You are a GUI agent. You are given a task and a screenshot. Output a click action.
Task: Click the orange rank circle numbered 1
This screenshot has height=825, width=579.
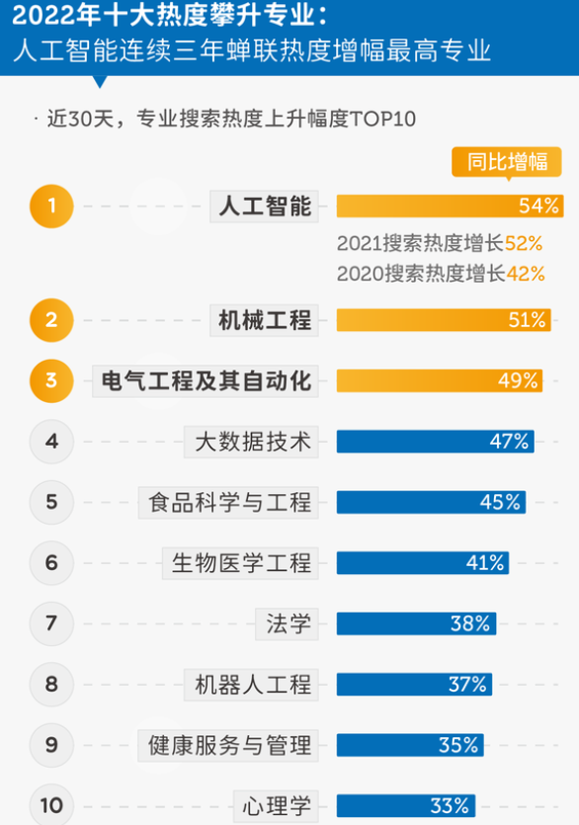pyautogui.click(x=52, y=206)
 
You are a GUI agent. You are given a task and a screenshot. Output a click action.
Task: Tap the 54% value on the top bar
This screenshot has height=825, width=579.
pyautogui.click(x=538, y=206)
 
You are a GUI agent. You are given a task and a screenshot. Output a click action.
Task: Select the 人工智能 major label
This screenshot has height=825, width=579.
pyautogui.click(x=265, y=206)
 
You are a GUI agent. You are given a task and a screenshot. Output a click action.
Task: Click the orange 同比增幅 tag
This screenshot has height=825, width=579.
pyautogui.click(x=507, y=162)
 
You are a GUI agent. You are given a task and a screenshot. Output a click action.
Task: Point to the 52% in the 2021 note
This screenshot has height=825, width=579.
pyautogui.click(x=524, y=243)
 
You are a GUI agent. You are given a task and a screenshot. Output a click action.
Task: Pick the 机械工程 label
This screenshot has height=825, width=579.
pyautogui.click(x=265, y=320)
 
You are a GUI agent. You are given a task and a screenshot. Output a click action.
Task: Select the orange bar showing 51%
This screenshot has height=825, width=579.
pyautogui.click(x=444, y=320)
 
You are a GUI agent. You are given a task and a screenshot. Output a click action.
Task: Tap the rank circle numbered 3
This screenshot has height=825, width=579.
pyautogui.click(x=52, y=380)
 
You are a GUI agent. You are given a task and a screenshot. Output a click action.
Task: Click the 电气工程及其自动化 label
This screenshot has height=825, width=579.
pyautogui.click(x=207, y=380)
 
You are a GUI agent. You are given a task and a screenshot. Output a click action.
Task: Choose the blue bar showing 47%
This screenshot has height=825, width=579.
pyautogui.click(x=435, y=442)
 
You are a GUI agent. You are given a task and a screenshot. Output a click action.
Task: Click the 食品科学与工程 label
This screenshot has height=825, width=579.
pyautogui.click(x=229, y=502)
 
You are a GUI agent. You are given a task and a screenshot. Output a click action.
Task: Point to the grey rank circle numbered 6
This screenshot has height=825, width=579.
pyautogui.click(x=52, y=563)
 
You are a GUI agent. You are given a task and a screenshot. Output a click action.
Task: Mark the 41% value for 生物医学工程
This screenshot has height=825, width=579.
pyautogui.click(x=485, y=563)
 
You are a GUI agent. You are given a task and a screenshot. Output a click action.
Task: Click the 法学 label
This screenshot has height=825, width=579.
pyautogui.click(x=289, y=623)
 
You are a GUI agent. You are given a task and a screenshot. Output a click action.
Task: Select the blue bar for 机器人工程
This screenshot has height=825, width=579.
pyautogui.click(x=414, y=684)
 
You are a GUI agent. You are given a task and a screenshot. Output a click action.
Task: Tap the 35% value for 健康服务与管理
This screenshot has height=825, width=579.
pyautogui.click(x=458, y=745)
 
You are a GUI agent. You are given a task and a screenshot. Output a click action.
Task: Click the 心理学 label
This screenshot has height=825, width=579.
pyautogui.click(x=277, y=805)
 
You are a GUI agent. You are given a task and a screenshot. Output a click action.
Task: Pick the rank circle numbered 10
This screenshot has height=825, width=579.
pyautogui.click(x=52, y=805)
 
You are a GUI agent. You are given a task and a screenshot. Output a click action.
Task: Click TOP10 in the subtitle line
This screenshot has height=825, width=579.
pyautogui.click(x=381, y=119)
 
